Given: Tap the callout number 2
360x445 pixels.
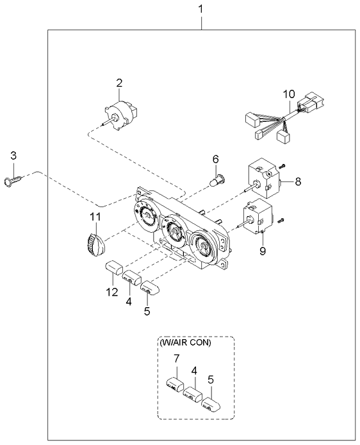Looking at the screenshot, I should coord(119,82).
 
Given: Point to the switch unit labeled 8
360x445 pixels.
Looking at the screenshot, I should coord(263,178).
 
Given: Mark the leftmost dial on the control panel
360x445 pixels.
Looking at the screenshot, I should coord(145,216).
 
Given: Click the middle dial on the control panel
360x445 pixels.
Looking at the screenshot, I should coord(174,231).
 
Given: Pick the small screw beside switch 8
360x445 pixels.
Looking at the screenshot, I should coord(281,165).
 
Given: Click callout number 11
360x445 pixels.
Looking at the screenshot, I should coord(95,218).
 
